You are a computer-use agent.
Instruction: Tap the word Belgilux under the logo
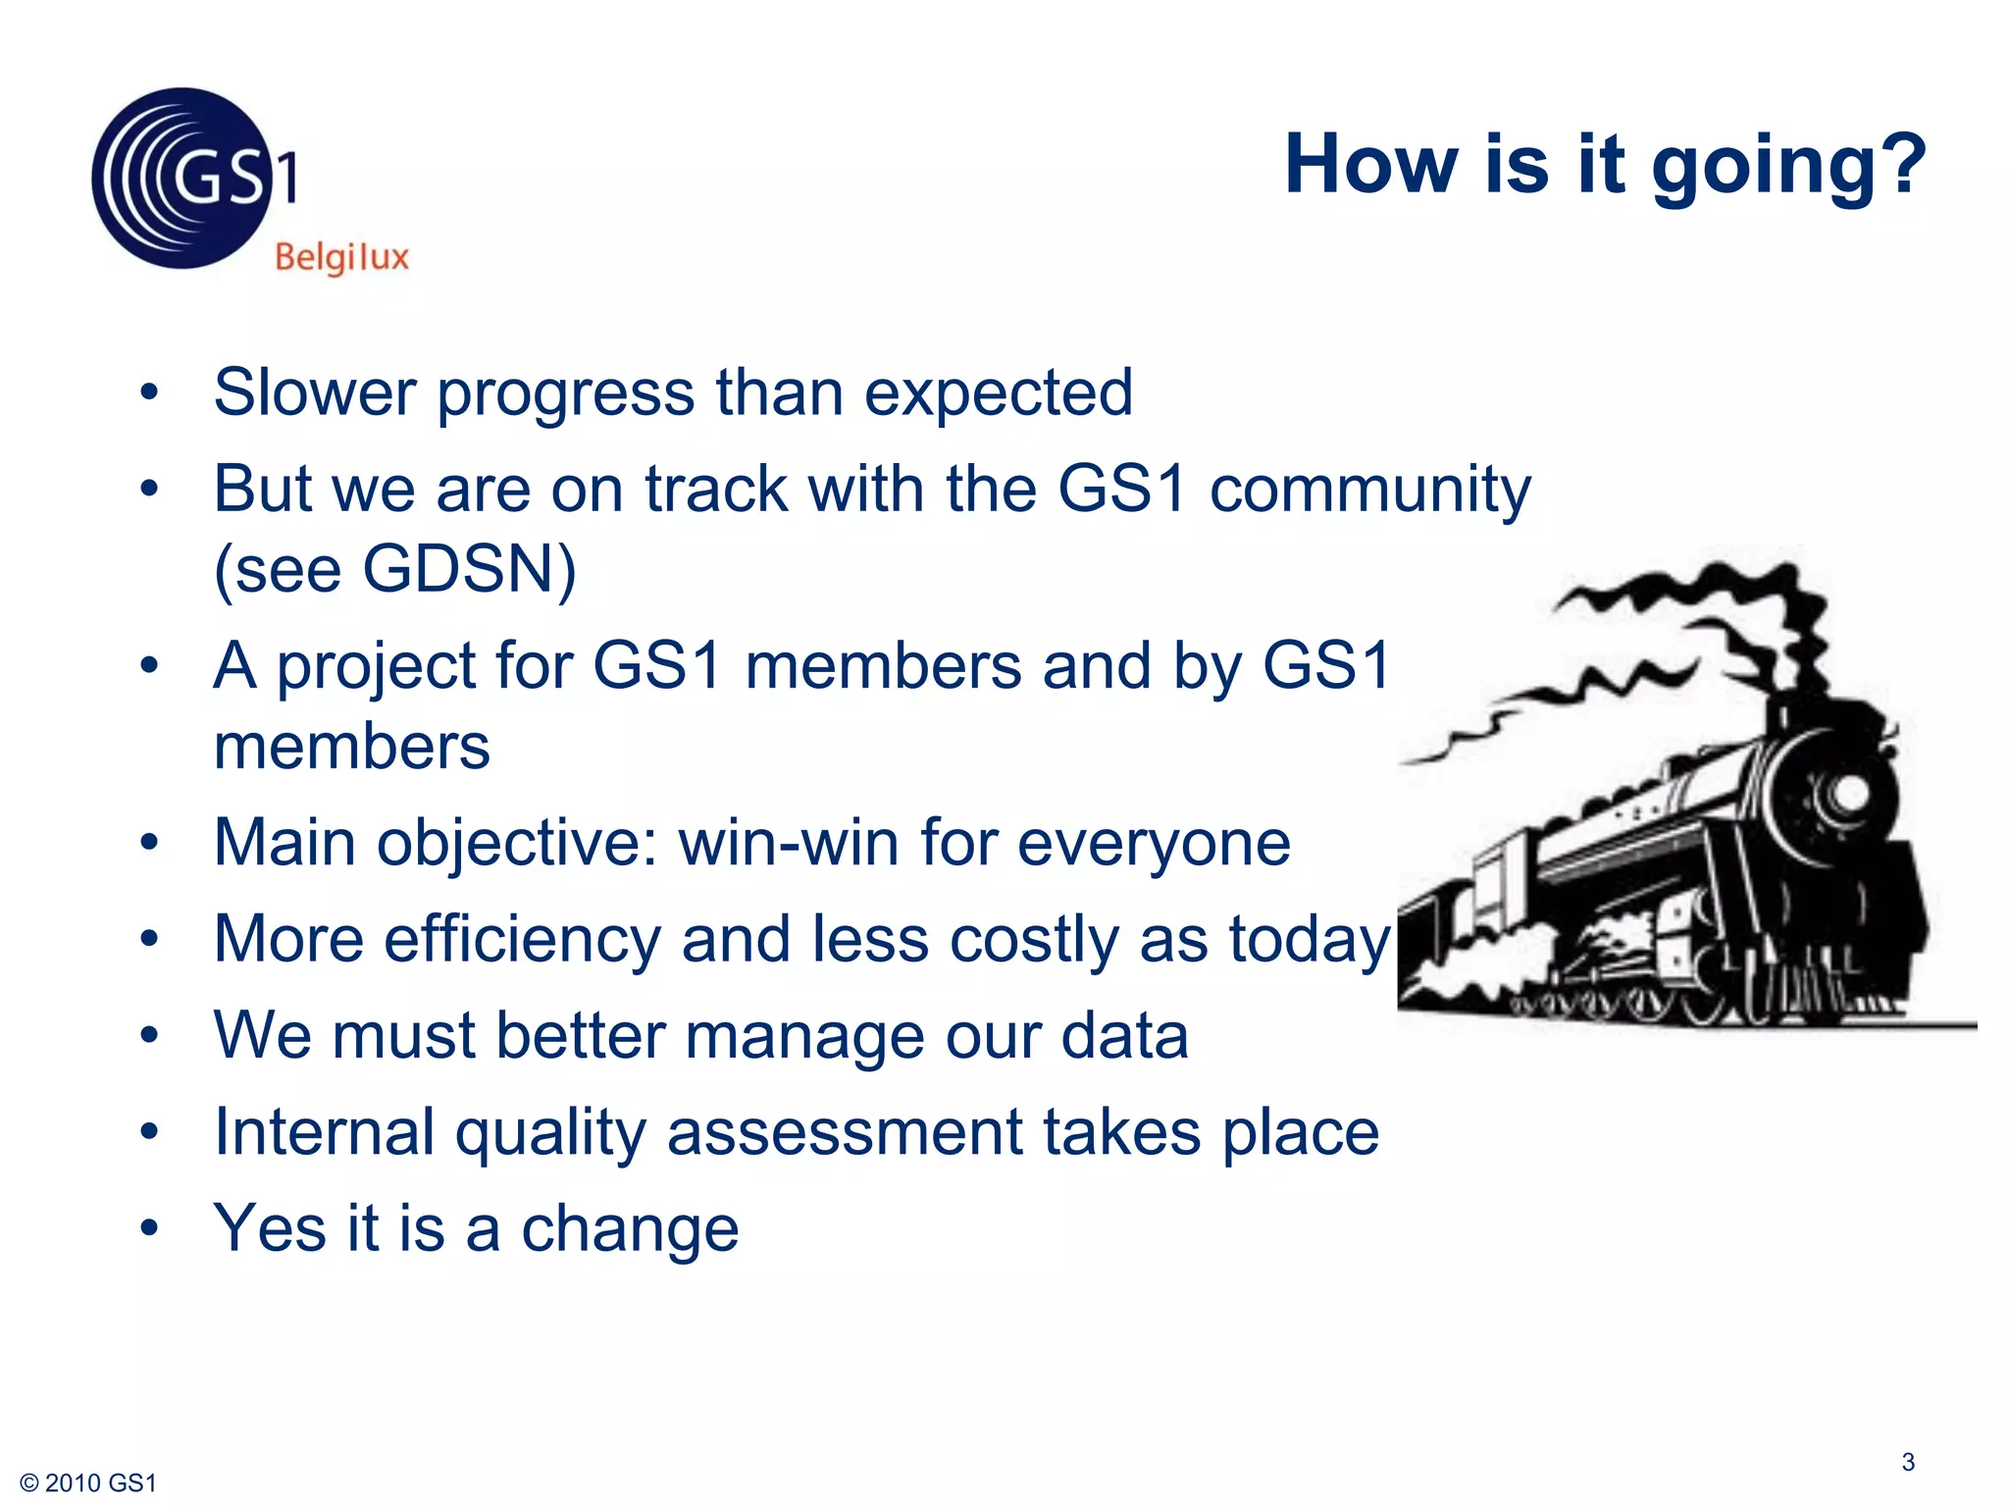(341, 258)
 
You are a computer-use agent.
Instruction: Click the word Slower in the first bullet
(314, 392)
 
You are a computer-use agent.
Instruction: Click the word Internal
(324, 1132)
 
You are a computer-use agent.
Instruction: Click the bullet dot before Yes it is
(149, 1227)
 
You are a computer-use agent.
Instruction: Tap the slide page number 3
(1907, 1462)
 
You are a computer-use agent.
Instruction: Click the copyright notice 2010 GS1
(88, 1482)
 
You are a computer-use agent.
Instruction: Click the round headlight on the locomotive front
(1850, 793)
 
